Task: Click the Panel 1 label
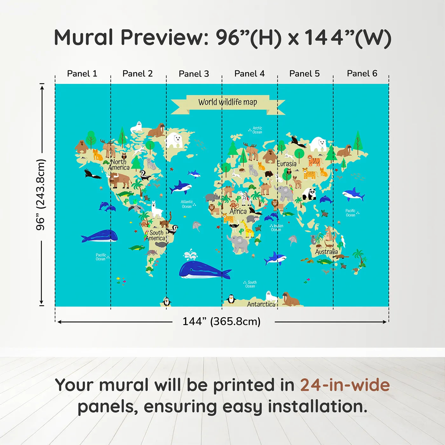tap(82, 74)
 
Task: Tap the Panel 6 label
tap(362, 74)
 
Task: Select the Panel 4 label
tap(249, 74)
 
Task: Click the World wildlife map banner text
tap(228, 102)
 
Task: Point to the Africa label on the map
tap(238, 211)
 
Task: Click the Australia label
tap(326, 252)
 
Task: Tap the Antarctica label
tap(261, 304)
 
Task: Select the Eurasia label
tap(286, 164)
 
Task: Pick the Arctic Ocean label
tap(257, 130)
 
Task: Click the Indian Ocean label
tap(277, 228)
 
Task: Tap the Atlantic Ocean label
tap(187, 204)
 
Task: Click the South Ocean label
tap(250, 284)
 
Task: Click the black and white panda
tap(309, 194)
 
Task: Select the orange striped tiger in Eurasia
tap(314, 161)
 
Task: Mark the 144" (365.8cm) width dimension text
tap(221, 321)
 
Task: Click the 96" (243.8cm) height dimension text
tap(41, 195)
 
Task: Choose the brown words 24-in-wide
tap(345, 385)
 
